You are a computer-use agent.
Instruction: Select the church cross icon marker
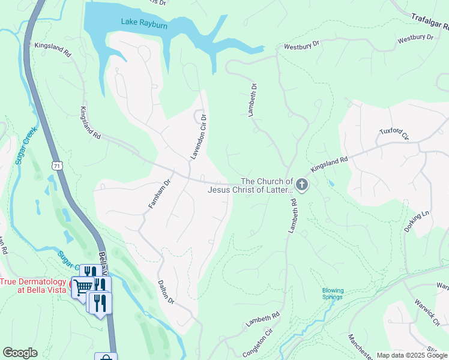coord(302,185)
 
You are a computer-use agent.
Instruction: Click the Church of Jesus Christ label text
coord(250,185)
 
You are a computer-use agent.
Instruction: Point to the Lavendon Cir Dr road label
coord(199,137)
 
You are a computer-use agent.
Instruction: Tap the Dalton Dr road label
coord(166,292)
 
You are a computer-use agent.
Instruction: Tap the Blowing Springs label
coord(333,293)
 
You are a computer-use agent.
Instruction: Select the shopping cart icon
coord(83,287)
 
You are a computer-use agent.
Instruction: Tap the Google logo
coord(20,352)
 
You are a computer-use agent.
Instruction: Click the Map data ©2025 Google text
coord(411,355)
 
